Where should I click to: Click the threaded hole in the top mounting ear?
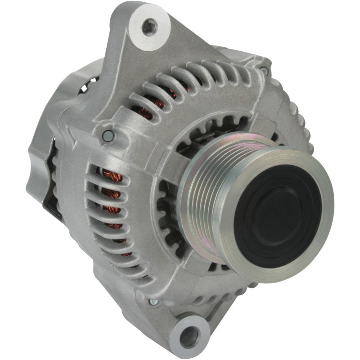[x=149, y=27]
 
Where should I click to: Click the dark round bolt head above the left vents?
[x=107, y=135]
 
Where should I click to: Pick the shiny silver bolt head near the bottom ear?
[x=153, y=302]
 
